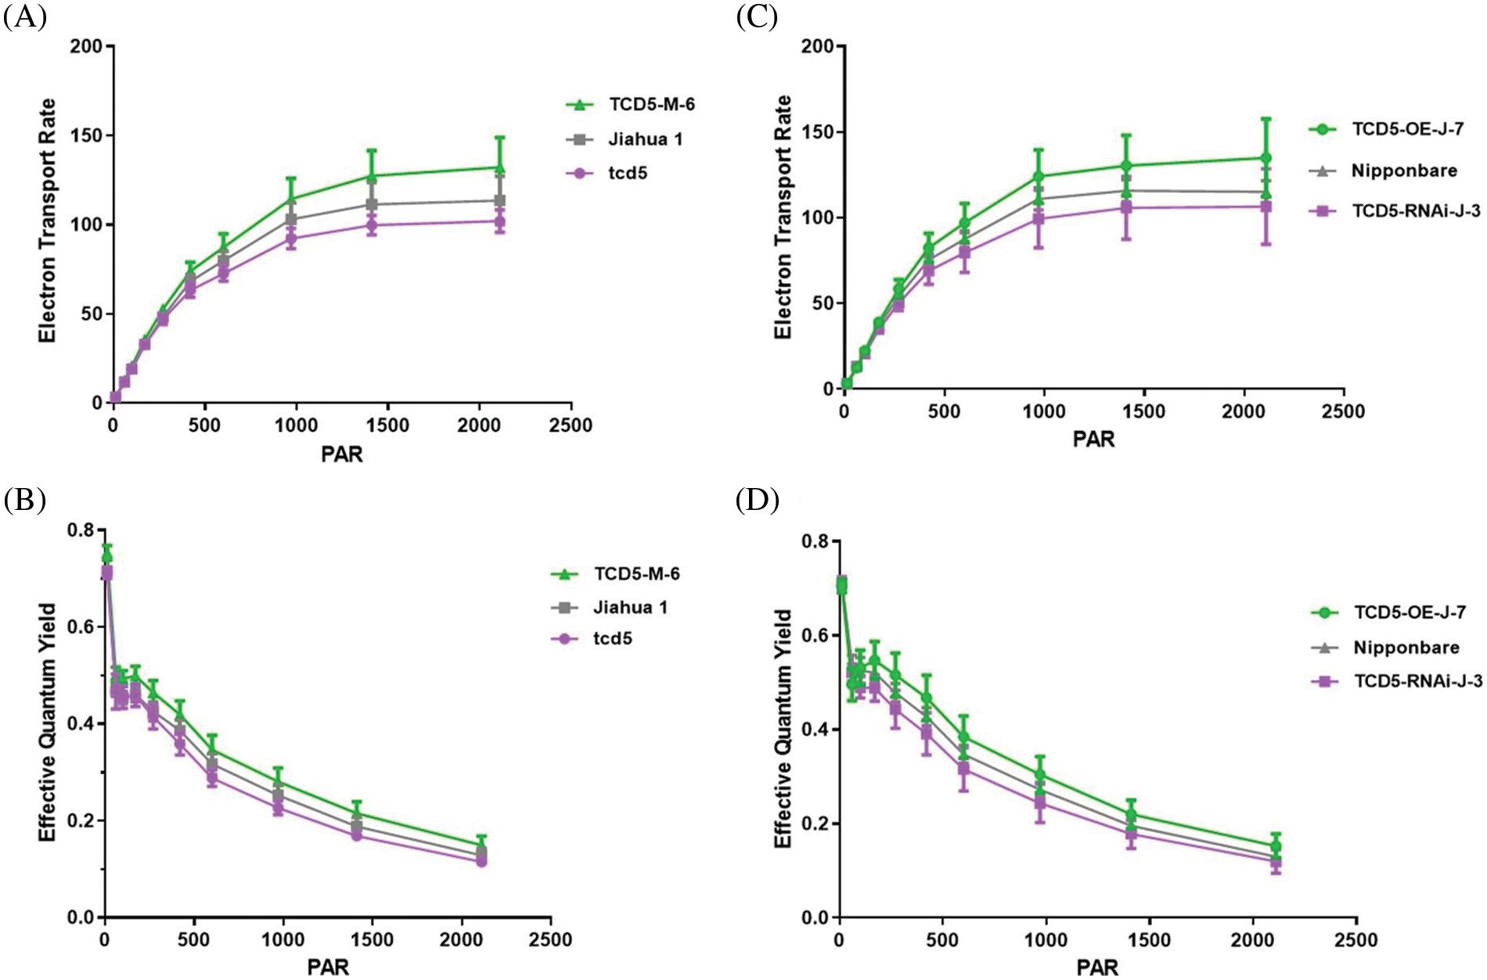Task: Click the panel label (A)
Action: click(x=25, y=16)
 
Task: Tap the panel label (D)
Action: click(x=757, y=500)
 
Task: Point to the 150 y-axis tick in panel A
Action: click(x=86, y=135)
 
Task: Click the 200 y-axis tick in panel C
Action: click(x=817, y=46)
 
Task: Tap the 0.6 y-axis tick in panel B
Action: click(x=80, y=626)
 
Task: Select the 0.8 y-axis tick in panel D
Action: click(x=817, y=541)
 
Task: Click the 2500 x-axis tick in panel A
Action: click(x=571, y=425)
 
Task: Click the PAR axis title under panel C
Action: click(x=1093, y=440)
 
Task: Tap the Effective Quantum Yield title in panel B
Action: click(x=48, y=722)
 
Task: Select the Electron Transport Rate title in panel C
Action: click(x=783, y=217)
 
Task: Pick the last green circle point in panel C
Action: click(x=1266, y=158)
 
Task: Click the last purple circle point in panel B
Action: click(x=481, y=861)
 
